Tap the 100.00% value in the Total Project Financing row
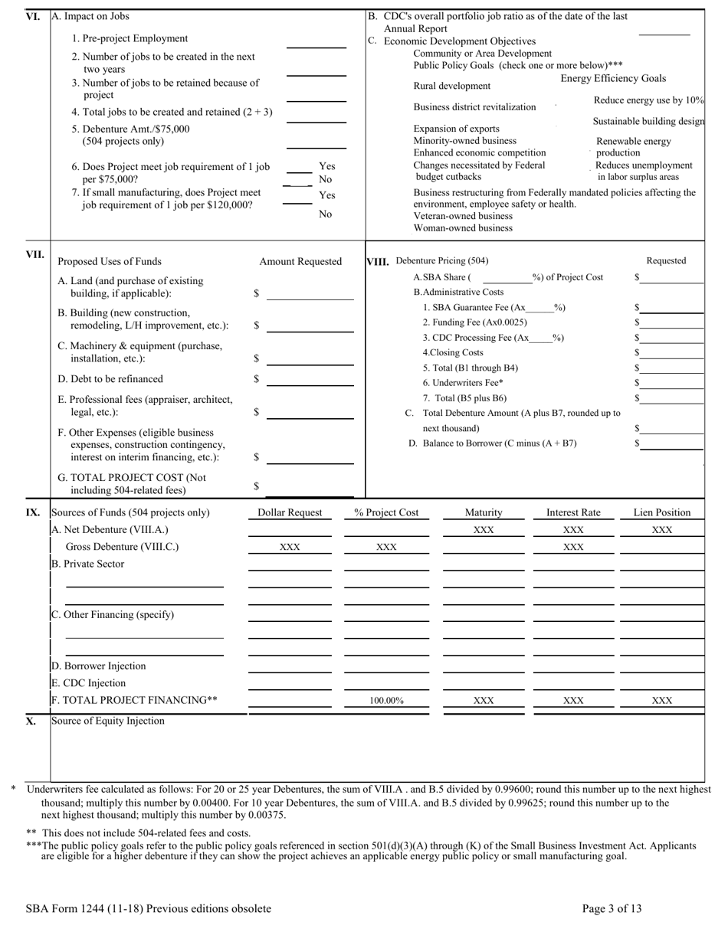point(386,700)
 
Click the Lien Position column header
point(661,512)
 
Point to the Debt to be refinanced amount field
point(310,379)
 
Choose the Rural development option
point(452,86)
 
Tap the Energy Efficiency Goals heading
point(613,79)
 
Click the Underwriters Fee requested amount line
point(672,383)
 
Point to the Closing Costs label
point(453,352)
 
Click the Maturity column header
point(484,512)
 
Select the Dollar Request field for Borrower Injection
point(290,666)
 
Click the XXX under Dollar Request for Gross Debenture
point(290,547)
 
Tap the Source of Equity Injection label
point(107,721)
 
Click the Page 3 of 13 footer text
point(612,909)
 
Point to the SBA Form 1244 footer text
point(148,909)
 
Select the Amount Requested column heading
point(300,262)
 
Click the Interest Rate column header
point(573,512)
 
